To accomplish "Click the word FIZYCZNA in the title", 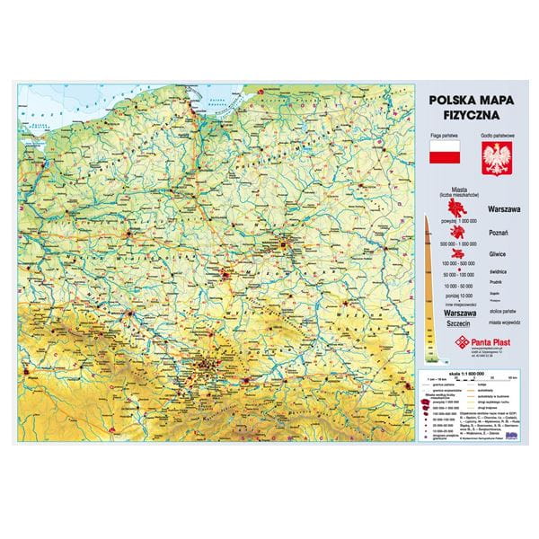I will [464, 116].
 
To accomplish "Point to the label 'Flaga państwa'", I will [444, 134].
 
